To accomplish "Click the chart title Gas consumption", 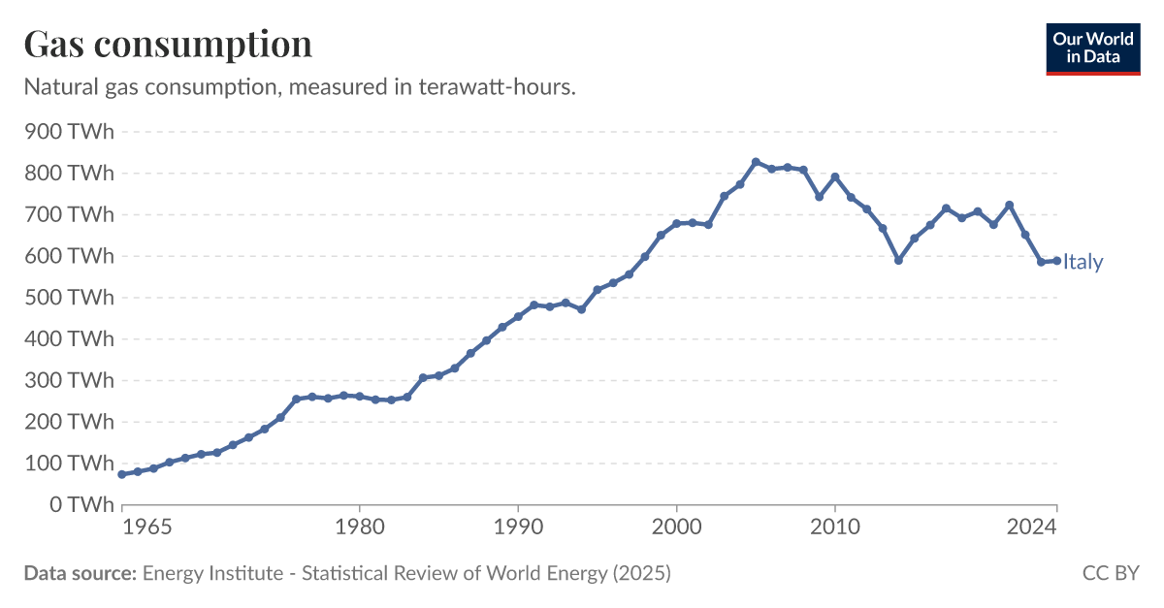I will point(168,45).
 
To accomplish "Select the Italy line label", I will point(1083,262).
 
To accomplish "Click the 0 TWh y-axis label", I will point(82,505).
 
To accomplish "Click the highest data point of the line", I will point(756,162).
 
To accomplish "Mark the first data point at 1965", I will point(121,474).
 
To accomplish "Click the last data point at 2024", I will point(1056,261).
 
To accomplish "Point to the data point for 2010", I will point(835,176).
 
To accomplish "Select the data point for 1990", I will point(518,316).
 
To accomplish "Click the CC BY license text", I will point(1110,573).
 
